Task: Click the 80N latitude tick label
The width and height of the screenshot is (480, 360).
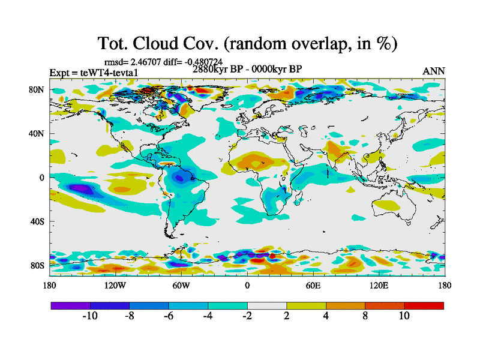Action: pyautogui.click(x=38, y=89)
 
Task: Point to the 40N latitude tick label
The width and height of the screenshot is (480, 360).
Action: pyautogui.click(x=38, y=133)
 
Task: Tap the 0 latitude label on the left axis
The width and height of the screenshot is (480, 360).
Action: pyautogui.click(x=42, y=178)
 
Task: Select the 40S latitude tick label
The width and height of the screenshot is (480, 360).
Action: pyautogui.click(x=38, y=221)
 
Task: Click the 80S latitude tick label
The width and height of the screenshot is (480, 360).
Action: pyautogui.click(x=38, y=265)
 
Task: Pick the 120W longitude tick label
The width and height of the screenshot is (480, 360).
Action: pyautogui.click(x=115, y=286)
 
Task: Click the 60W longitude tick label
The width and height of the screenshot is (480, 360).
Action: pyautogui.click(x=181, y=286)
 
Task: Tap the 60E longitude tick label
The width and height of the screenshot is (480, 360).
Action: pyautogui.click(x=313, y=286)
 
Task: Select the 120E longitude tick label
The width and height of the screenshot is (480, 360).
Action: pyautogui.click(x=378, y=286)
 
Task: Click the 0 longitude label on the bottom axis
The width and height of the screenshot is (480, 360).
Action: pyautogui.click(x=247, y=286)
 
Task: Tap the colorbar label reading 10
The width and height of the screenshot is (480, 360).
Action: pyautogui.click(x=404, y=316)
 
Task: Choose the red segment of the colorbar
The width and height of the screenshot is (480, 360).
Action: pyautogui.click(x=424, y=305)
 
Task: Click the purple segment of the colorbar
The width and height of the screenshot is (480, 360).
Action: pyautogui.click(x=70, y=305)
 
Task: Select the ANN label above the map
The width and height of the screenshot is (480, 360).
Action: pyautogui.click(x=434, y=71)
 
